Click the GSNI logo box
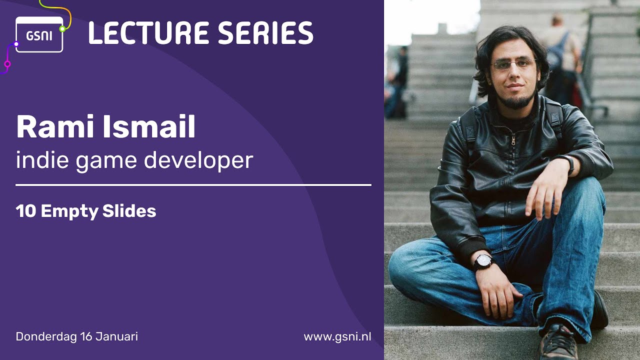39,34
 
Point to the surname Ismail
149,126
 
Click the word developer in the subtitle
198,160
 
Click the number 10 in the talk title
26,211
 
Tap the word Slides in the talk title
129,211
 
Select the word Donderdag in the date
46,336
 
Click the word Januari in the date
116,336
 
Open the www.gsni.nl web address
337,336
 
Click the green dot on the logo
62,29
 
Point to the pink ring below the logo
7,64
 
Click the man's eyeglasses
513,64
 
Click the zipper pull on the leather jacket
513,140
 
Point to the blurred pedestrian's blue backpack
557,54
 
